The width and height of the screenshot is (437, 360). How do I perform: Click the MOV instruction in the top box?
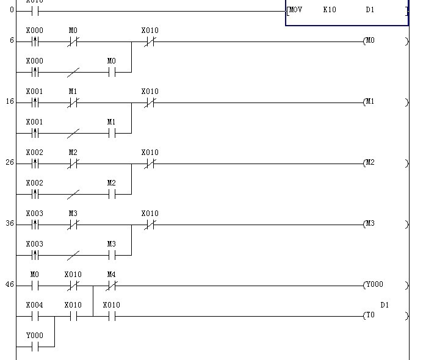296,10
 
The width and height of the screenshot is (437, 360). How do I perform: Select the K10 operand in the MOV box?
330,10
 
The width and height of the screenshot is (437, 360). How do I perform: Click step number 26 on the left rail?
10,163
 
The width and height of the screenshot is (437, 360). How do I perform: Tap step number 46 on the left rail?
10,285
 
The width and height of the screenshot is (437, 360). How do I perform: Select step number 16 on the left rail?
10,102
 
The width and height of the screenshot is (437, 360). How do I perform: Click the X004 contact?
35,316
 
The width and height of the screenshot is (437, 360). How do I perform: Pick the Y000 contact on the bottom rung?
35,347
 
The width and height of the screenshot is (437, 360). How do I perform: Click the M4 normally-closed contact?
111,285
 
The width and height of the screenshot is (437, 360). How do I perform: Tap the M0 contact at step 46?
35,285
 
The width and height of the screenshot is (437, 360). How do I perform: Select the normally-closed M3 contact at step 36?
73,224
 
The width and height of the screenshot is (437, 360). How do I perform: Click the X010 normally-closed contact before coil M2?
150,163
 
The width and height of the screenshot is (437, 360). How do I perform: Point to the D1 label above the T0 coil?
385,305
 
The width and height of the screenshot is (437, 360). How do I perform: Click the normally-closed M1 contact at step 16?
73,102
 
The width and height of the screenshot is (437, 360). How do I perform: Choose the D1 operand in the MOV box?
370,10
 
